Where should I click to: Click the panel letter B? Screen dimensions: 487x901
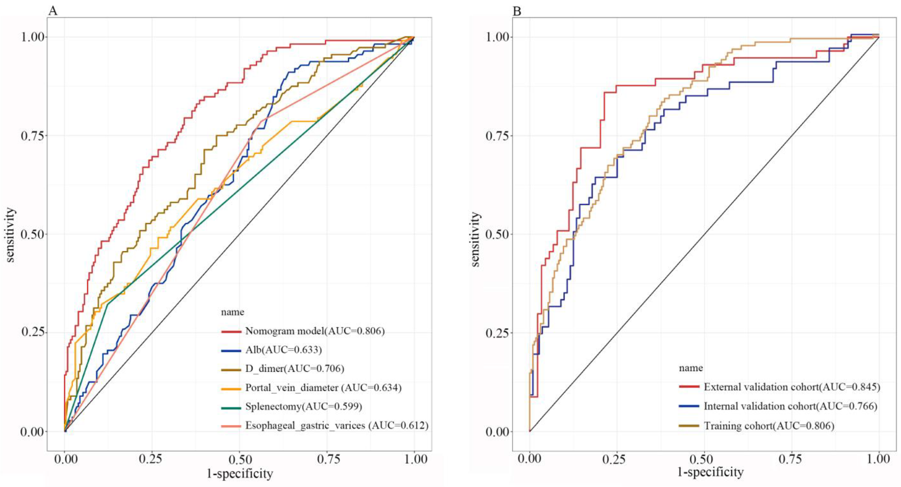(517, 11)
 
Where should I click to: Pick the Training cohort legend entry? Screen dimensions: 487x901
(769, 425)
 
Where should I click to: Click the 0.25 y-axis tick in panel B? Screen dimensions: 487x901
(497, 333)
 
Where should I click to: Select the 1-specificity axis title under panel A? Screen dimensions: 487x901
(240, 474)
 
